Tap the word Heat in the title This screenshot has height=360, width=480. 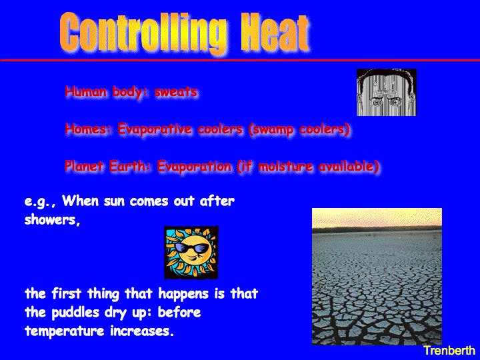[x=275, y=32]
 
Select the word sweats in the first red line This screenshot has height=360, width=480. [x=176, y=92]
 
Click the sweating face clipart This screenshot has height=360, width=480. [x=387, y=93]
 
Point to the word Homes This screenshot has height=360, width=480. [x=87, y=129]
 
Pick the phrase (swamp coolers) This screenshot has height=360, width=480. [x=299, y=129]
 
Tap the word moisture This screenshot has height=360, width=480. [x=285, y=167]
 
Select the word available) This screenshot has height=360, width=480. [x=349, y=167]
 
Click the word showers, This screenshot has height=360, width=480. [x=53, y=219]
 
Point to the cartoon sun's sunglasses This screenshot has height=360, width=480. [x=192, y=247]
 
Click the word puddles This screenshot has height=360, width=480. [x=75, y=313]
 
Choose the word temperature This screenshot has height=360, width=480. [x=64, y=331]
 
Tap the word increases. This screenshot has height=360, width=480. [x=142, y=331]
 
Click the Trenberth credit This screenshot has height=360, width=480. [x=449, y=351]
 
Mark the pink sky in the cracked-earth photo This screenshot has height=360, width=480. [x=377, y=218]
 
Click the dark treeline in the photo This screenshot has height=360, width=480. [x=377, y=229]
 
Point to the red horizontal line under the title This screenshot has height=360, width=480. [x=240, y=60]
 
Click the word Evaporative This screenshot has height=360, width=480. [x=155, y=129]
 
